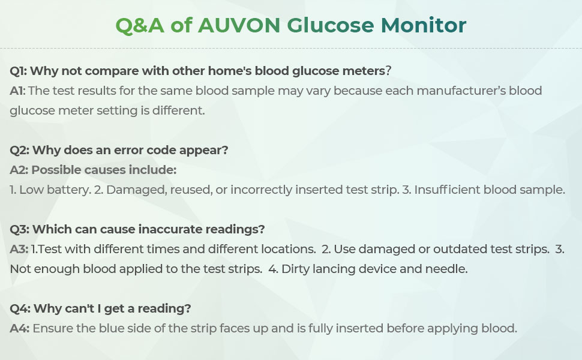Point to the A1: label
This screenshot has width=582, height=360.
(x=17, y=91)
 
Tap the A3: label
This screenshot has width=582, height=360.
(x=19, y=249)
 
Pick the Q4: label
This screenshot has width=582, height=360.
(x=20, y=308)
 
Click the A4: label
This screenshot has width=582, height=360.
(x=19, y=328)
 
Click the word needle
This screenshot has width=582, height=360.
(x=446, y=269)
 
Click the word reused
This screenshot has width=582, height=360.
(x=176, y=190)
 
